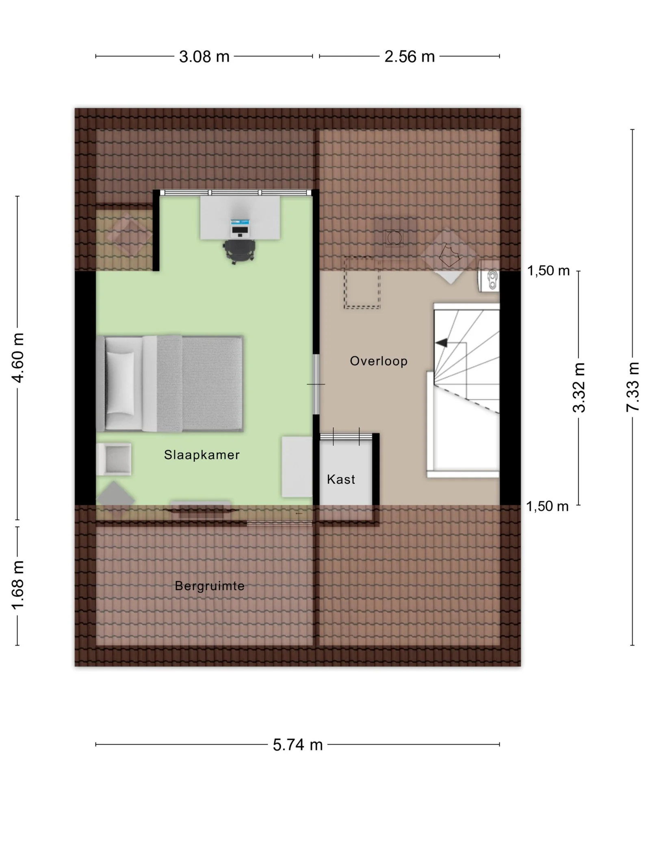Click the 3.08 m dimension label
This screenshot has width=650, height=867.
pyautogui.click(x=204, y=56)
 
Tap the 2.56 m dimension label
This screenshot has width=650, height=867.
pyautogui.click(x=409, y=56)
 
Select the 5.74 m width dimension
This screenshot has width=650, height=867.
pyautogui.click(x=298, y=745)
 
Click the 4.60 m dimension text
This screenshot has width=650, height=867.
pyautogui.click(x=18, y=358)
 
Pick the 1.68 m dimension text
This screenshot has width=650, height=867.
pyautogui.click(x=18, y=585)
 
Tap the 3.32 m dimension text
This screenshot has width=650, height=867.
pyautogui.click(x=579, y=387)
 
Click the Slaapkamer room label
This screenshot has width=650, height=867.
pyautogui.click(x=202, y=455)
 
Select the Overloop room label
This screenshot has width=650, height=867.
pyautogui.click(x=379, y=361)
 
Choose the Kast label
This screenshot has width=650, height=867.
pyautogui.click(x=341, y=480)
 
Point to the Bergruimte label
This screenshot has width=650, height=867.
pyautogui.click(x=210, y=586)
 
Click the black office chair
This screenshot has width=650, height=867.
pyautogui.click(x=239, y=251)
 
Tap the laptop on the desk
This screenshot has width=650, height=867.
pyautogui.click(x=240, y=228)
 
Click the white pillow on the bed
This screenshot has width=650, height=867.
pyautogui.click(x=120, y=383)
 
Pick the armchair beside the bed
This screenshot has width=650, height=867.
pyautogui.click(x=114, y=459)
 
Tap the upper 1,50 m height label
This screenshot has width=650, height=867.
pyautogui.click(x=548, y=271)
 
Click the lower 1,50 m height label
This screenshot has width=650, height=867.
pyautogui.click(x=547, y=506)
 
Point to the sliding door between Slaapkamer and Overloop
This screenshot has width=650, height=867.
pyautogui.click(x=316, y=384)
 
